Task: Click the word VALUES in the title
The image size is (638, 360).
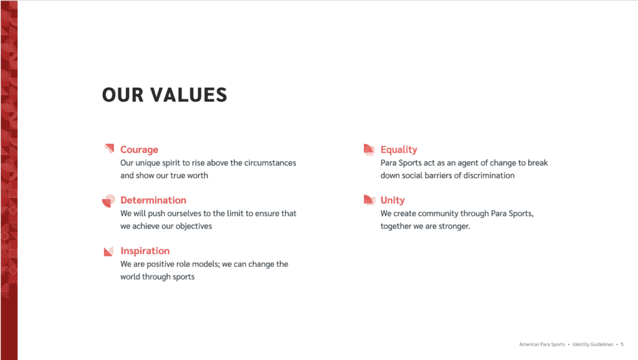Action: point(188,95)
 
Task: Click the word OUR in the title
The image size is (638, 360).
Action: point(123,95)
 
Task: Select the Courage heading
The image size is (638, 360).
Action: point(139,149)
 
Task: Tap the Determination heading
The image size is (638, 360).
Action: point(153,200)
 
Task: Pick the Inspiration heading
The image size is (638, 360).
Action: point(145,250)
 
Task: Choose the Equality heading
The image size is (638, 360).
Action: point(399,149)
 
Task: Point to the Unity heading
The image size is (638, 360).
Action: point(393,200)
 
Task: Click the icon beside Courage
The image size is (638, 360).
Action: point(108,148)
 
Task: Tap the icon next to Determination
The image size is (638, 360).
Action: point(108,201)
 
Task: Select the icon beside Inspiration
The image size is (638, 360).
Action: point(108,252)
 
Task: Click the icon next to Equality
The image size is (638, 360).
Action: point(369,149)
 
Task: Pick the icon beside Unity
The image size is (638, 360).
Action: point(369,200)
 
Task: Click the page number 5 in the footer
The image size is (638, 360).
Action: point(622,344)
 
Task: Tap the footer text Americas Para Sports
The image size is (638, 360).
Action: point(542,344)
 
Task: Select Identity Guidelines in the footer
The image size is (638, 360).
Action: point(593,344)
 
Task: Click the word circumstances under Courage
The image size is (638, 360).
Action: point(270,163)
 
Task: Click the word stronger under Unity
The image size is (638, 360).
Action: point(454,226)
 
